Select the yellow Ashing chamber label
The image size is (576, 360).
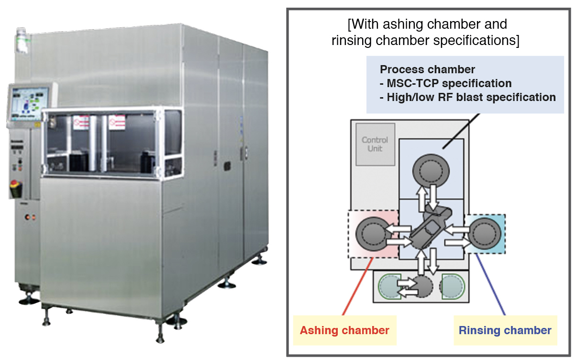(344, 330)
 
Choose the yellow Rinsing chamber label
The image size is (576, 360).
(505, 330)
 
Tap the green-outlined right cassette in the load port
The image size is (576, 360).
(453, 286)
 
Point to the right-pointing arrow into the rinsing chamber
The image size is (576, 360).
(455, 243)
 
